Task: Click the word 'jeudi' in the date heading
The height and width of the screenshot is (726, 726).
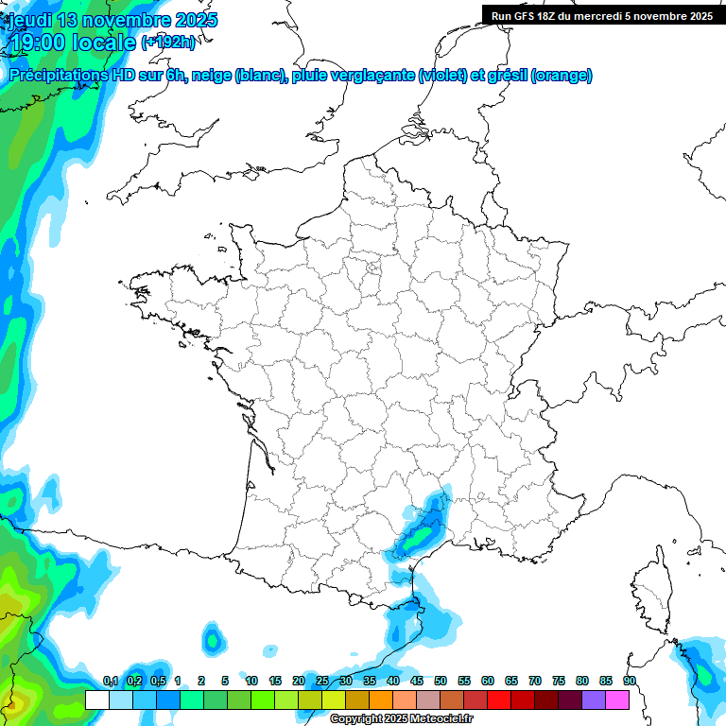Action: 31,20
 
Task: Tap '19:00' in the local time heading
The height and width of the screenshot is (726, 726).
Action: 40,43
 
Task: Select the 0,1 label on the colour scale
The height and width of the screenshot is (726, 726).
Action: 110,682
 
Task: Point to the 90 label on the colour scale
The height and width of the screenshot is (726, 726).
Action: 629,682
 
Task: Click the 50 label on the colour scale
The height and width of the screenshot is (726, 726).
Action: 441,682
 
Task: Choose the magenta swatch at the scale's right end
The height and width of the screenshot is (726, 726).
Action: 617,700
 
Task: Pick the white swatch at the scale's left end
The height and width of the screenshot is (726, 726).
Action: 96,700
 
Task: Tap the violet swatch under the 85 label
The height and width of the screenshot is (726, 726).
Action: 594,700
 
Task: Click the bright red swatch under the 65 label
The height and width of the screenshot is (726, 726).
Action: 499,700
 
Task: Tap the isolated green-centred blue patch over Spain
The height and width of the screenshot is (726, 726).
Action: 214,640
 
